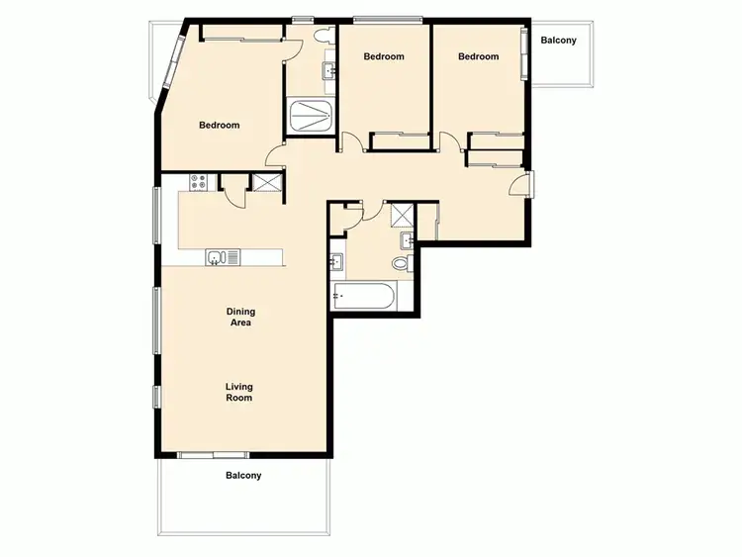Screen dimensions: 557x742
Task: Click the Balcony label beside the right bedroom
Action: coord(559,41)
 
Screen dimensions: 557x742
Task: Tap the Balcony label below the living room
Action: coord(243,475)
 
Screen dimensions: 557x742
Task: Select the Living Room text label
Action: coord(238,392)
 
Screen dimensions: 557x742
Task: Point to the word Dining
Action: coord(239,311)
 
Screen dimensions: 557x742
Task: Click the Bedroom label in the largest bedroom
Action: coord(219,125)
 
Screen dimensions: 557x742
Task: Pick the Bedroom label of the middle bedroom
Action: coord(384,56)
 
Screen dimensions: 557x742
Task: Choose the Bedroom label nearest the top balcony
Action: coord(478,56)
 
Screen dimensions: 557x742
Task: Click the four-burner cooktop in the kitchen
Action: coord(198,182)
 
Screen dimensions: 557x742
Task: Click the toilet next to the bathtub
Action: coord(401,263)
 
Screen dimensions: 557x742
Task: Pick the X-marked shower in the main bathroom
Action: coord(403,215)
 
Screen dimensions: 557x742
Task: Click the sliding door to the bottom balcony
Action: coord(214,455)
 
